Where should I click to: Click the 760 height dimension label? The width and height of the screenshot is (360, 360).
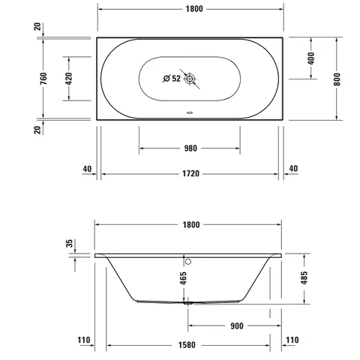(43, 78)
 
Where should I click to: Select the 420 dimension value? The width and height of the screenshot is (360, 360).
(69, 79)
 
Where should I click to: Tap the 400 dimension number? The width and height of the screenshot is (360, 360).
(311, 58)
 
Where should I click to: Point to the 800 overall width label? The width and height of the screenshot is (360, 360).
(337, 79)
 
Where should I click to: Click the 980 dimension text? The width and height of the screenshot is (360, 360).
(190, 148)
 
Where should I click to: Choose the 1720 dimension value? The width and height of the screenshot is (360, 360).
(190, 173)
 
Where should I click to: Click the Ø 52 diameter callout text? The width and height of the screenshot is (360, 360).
(172, 79)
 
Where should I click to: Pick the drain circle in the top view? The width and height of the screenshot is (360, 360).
(190, 79)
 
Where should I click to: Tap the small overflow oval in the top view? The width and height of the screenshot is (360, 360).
(190, 112)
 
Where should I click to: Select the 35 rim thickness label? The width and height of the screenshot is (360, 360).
(70, 243)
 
